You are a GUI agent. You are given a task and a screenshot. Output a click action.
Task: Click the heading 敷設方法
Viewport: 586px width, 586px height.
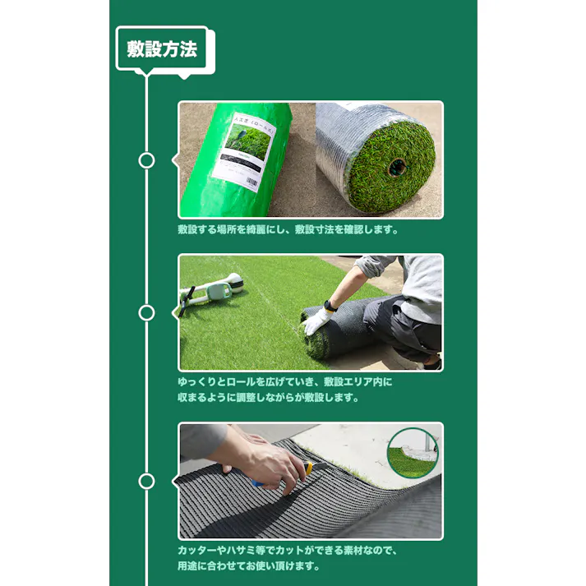coord(162,49)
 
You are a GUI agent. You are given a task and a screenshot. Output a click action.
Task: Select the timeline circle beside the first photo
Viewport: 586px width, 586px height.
coord(146,160)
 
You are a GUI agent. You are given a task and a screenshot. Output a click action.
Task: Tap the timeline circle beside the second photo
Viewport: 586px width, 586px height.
coord(146,312)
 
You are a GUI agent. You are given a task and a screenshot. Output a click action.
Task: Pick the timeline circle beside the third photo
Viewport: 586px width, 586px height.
coord(146,482)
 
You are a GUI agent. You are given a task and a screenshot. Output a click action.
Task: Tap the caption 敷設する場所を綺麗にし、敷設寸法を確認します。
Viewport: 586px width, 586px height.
coord(288,230)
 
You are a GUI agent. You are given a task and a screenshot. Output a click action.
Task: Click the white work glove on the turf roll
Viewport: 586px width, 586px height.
coord(316,320)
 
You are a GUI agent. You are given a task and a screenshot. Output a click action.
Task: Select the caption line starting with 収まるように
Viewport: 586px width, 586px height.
coord(270,398)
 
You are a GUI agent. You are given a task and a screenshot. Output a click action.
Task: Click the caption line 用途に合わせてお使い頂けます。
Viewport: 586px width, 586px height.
coord(248,565)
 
